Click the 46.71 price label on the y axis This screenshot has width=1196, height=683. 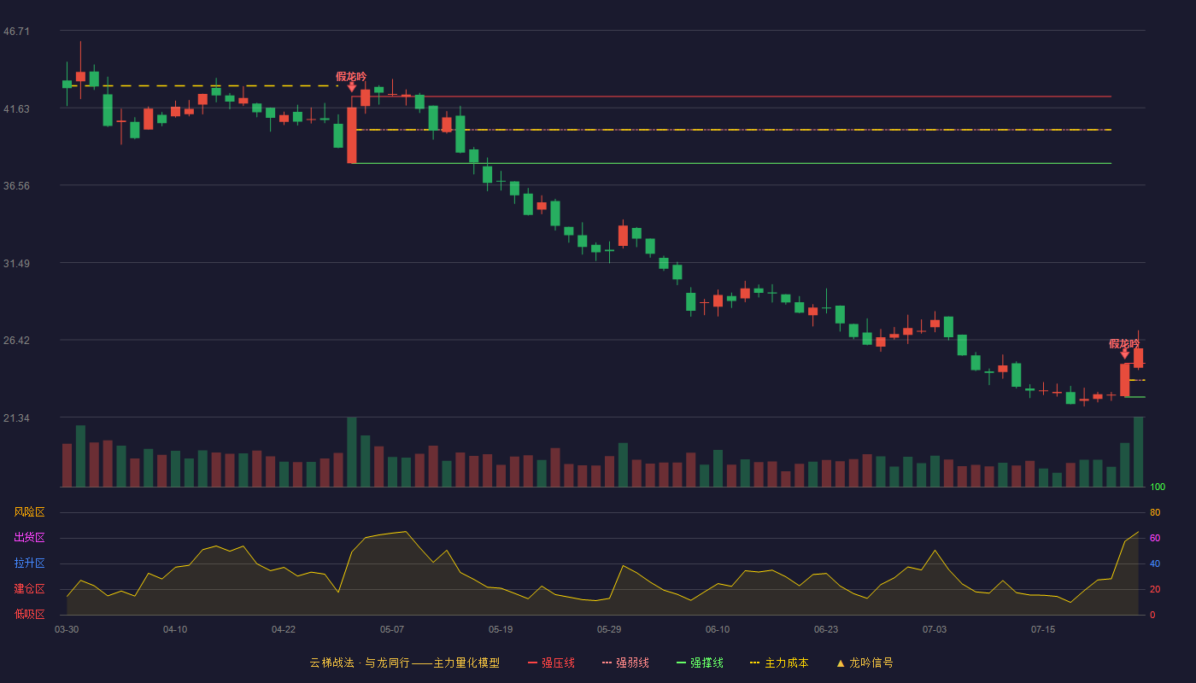(x=16, y=32)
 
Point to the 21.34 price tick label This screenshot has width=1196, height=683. (x=16, y=417)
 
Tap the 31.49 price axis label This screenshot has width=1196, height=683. (x=16, y=264)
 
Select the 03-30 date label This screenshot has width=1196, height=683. (x=67, y=630)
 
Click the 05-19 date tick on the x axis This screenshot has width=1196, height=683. (x=501, y=630)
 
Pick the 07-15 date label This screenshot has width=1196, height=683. (x=1043, y=630)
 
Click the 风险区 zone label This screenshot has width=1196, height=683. (x=29, y=512)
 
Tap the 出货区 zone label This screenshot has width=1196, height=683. (x=29, y=537)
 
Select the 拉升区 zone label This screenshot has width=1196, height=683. (x=29, y=563)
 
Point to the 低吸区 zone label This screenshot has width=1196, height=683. (x=29, y=614)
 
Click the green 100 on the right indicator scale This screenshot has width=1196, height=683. (x=1158, y=487)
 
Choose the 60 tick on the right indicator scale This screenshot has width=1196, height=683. (x=1155, y=538)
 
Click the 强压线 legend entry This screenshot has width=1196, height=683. (x=551, y=663)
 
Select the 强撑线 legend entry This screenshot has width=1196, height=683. (x=700, y=663)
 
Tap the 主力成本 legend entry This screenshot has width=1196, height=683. (x=779, y=663)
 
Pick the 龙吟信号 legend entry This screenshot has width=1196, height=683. (x=865, y=663)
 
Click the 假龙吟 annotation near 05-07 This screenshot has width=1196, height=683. (x=351, y=77)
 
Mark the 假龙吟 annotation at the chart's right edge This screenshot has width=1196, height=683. (x=1124, y=343)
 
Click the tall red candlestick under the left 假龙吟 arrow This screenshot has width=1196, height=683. (x=352, y=135)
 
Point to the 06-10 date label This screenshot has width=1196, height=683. (x=717, y=630)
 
